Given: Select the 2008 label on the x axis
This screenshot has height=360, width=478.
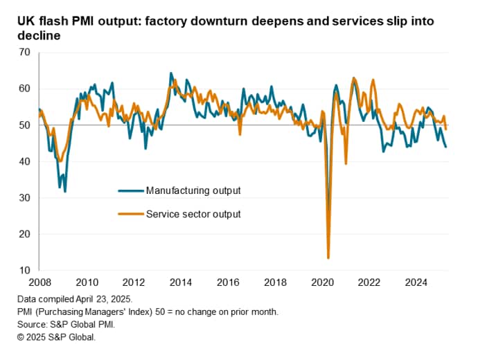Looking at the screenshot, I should [x=39, y=282].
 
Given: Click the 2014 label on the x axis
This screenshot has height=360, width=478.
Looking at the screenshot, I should [x=181, y=282].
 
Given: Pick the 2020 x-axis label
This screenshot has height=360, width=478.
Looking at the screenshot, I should [x=324, y=282].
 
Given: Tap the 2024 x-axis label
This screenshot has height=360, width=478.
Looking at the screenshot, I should [x=418, y=282].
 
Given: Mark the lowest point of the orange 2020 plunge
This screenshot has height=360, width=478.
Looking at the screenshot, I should [x=328, y=258].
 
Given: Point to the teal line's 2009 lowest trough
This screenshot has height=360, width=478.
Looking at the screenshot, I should [x=65, y=191].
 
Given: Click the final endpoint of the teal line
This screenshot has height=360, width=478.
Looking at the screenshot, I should [x=446, y=147].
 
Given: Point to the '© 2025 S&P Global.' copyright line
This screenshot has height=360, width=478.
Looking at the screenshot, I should [x=57, y=337].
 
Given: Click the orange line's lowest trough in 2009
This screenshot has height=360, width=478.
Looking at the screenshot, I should [x=60, y=161].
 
